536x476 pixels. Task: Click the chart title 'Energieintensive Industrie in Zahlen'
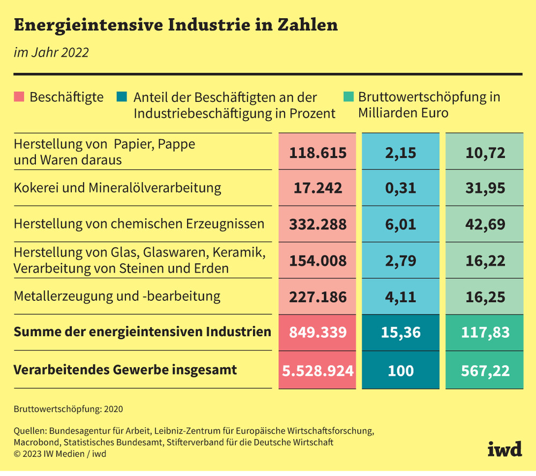pyautogui.click(x=175, y=25)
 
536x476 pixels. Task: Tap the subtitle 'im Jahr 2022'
pyautogui.click(x=50, y=53)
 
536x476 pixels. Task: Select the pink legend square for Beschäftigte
pyautogui.click(x=19, y=98)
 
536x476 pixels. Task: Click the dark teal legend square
pyautogui.click(x=121, y=98)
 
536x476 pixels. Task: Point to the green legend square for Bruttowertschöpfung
pyautogui.click(x=348, y=98)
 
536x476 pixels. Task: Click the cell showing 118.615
pyautogui.click(x=318, y=153)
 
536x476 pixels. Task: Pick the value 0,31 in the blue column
pyautogui.click(x=400, y=188)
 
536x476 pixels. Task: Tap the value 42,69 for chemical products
pyautogui.click(x=486, y=224)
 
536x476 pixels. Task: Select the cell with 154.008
pyautogui.click(x=318, y=261)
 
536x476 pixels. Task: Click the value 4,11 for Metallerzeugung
pyautogui.click(x=400, y=296)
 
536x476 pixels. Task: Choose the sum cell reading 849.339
pyautogui.click(x=318, y=332)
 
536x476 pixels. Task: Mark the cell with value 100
pyautogui.click(x=400, y=370)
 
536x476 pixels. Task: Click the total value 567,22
pyautogui.click(x=486, y=370)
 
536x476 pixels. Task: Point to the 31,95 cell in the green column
pyautogui.click(x=486, y=188)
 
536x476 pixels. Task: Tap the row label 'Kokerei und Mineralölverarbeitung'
pyautogui.click(x=117, y=188)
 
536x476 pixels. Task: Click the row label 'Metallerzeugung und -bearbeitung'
pyautogui.click(x=117, y=296)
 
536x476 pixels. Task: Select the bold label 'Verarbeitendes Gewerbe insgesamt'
pyautogui.click(x=125, y=370)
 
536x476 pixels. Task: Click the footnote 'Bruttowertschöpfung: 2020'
pyautogui.click(x=68, y=409)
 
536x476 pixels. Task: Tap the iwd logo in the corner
pyautogui.click(x=504, y=450)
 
